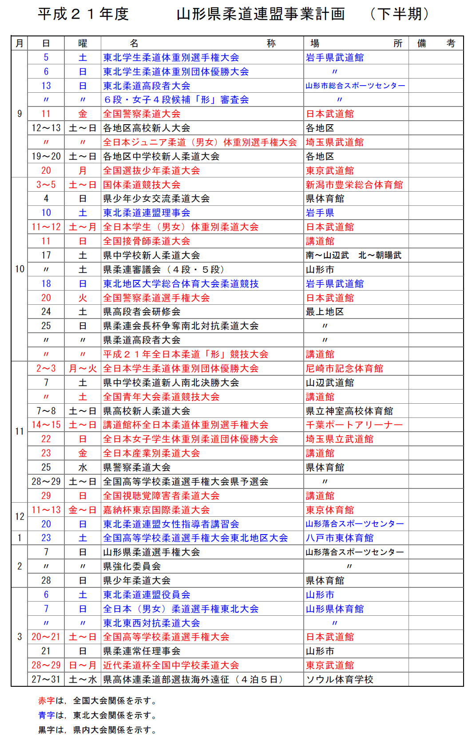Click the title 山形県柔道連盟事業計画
(x=261, y=14)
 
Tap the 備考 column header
(x=436, y=43)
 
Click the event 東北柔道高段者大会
(x=147, y=86)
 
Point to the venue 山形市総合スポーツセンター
(x=355, y=86)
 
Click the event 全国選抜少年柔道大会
(x=151, y=170)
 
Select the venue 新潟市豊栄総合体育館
(x=354, y=185)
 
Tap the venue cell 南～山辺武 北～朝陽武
(x=353, y=255)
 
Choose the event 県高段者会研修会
(x=142, y=311)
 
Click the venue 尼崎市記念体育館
(x=345, y=368)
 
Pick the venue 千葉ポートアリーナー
(x=354, y=425)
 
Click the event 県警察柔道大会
(x=137, y=467)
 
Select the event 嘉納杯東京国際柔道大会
(x=156, y=510)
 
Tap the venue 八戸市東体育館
(x=340, y=538)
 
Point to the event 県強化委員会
(x=132, y=566)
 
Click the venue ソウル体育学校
(x=340, y=679)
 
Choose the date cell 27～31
(x=46, y=679)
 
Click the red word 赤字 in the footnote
(x=46, y=701)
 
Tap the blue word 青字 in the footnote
(x=46, y=715)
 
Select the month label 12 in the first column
(x=20, y=516)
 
